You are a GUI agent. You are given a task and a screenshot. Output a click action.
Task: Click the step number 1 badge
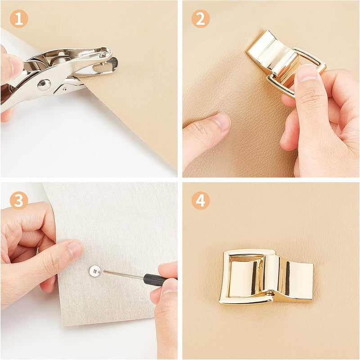[19, 19]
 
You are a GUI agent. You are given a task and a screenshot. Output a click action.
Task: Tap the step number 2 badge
[200, 19]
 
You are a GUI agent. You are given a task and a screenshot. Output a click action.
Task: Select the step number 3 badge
[19, 201]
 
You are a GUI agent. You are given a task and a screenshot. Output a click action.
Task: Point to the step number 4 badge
[200, 201]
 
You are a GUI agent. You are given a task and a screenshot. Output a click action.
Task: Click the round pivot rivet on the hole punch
[44, 85]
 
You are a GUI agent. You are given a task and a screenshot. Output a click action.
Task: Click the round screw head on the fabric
[95, 271]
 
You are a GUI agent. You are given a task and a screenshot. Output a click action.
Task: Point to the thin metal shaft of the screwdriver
[123, 275]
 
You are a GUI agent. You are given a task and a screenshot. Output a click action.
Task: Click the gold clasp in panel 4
[266, 277]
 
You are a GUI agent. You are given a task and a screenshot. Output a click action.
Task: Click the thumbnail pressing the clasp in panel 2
[307, 73]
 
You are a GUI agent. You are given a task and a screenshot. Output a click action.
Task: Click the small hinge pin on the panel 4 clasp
[271, 294]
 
